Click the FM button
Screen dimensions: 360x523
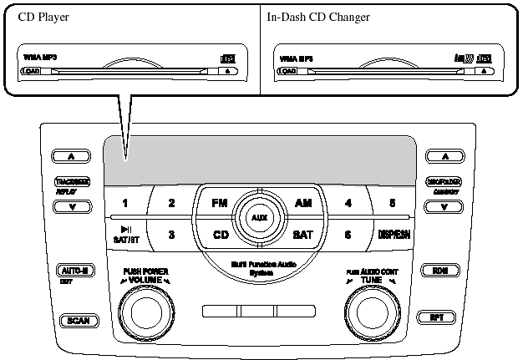coord(219,203)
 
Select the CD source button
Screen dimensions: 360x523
coord(221,235)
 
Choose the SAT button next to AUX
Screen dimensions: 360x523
coord(302,235)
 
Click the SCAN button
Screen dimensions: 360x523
coord(79,320)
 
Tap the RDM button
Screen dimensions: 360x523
coord(439,270)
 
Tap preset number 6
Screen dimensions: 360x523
coord(348,235)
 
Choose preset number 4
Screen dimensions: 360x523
coord(348,203)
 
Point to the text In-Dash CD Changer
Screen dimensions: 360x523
coord(318,17)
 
